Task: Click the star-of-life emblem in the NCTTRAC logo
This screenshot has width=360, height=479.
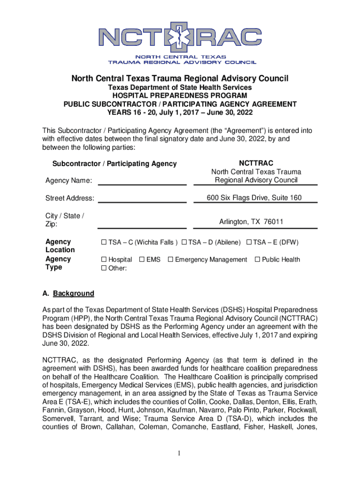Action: [179, 39]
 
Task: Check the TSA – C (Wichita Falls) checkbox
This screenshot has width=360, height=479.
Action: [104, 242]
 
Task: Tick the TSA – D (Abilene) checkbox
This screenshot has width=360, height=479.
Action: [185, 242]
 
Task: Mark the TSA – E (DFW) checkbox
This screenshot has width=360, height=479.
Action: [249, 242]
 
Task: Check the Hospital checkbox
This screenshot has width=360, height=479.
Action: [104, 260]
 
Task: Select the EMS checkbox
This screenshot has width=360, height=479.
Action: [142, 260]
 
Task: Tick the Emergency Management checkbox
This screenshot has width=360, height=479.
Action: [171, 260]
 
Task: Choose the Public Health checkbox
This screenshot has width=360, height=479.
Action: [257, 260]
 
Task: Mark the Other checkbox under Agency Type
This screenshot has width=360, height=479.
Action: [104, 268]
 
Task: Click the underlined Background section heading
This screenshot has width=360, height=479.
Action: [73, 294]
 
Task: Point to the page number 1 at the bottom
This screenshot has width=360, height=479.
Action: [180, 453]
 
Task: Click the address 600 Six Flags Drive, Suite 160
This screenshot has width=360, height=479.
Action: [254, 198]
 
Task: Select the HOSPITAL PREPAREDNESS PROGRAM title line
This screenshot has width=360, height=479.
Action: [180, 96]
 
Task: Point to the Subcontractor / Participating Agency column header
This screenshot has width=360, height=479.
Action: [115, 164]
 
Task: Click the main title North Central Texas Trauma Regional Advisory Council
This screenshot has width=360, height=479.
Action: [180, 78]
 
